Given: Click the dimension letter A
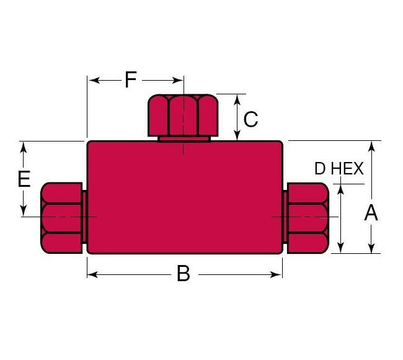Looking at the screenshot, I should [371, 213].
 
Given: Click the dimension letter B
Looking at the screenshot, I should [183, 274].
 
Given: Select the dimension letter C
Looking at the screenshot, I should [250, 119].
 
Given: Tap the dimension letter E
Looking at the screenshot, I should [24, 179].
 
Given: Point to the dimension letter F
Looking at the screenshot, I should [130, 79].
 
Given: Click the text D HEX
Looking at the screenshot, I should [339, 169].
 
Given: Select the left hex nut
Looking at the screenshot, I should [61, 218].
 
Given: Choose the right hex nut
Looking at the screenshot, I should [308, 218].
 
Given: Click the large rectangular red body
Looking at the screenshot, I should [185, 197].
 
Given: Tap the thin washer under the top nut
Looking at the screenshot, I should [184, 138].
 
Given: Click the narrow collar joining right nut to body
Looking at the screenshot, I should [285, 217].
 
